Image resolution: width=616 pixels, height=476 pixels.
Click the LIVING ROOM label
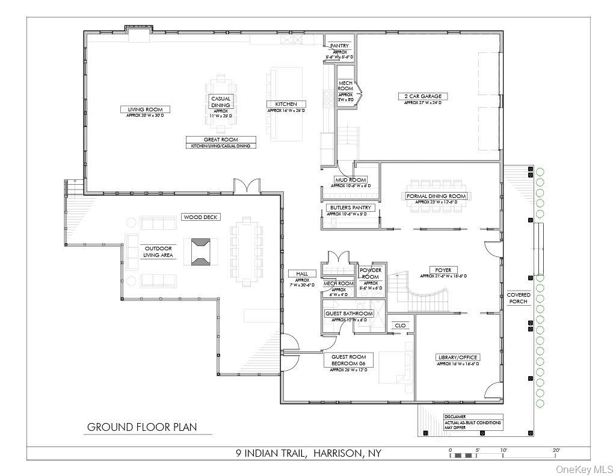click(145, 110)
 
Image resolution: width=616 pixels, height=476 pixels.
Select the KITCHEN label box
click(286, 104)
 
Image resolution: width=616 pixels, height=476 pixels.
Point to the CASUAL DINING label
click(220, 102)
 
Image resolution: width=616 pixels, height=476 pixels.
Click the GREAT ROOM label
click(221, 139)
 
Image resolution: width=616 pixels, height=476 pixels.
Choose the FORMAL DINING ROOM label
click(436, 196)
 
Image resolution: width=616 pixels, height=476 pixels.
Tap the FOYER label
click(443, 270)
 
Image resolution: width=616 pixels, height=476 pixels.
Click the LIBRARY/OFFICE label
click(457, 357)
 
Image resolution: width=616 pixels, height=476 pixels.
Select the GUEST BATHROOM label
click(349, 314)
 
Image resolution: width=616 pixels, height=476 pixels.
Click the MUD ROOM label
click(351, 179)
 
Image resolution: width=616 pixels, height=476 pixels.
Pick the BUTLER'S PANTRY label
click(350, 208)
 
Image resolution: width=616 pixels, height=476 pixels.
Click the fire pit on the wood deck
click(201, 251)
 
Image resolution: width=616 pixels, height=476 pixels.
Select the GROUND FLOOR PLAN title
click(141, 427)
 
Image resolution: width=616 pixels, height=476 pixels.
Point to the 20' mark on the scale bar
click(556, 450)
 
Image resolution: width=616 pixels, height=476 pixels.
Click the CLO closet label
click(400, 326)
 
